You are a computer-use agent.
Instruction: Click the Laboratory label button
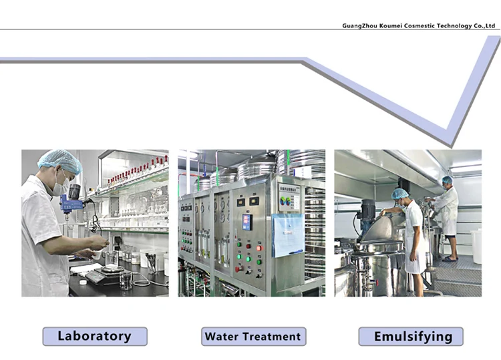click(x=95, y=336)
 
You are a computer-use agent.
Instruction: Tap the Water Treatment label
click(x=253, y=336)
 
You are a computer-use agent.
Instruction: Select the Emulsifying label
click(x=411, y=336)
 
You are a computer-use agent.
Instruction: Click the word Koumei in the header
click(x=391, y=26)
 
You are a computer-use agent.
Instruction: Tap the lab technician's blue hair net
click(x=59, y=161)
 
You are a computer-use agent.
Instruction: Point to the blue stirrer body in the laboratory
click(x=71, y=204)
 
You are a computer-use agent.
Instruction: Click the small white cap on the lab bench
click(x=83, y=282)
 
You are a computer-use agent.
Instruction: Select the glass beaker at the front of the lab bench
click(x=126, y=280)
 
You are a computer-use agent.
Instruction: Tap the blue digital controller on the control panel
click(x=247, y=222)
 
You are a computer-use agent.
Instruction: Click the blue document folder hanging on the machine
click(x=288, y=235)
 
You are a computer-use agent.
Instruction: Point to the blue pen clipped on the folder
click(x=296, y=252)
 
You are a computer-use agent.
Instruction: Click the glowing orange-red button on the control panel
click(x=259, y=248)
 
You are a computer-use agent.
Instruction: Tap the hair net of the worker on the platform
click(x=448, y=180)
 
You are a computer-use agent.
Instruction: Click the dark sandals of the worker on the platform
click(x=450, y=258)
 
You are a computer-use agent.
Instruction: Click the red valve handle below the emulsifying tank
click(x=377, y=283)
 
